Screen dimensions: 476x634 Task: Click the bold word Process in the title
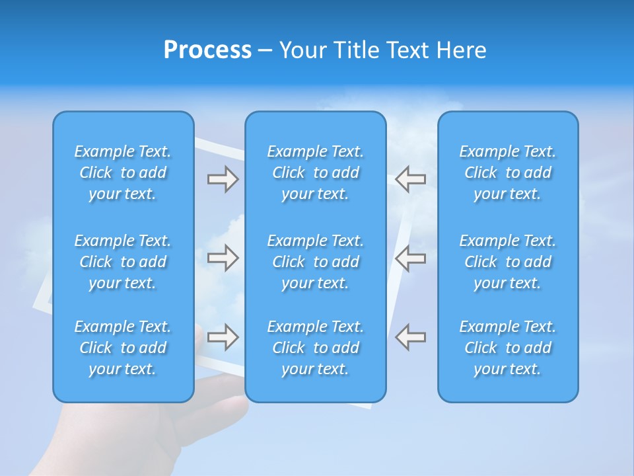click(x=207, y=50)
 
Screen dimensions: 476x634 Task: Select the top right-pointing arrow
click(x=223, y=179)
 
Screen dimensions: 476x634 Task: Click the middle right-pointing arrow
click(x=223, y=258)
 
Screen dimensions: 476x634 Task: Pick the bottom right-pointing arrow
click(x=223, y=337)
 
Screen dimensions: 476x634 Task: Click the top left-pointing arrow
click(x=410, y=179)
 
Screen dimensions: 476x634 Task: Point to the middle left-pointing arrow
click(x=410, y=258)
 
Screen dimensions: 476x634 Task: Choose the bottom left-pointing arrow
click(x=410, y=337)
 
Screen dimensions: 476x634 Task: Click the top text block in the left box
click(x=123, y=173)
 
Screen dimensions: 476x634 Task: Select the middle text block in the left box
click(x=123, y=262)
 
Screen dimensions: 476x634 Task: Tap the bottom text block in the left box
click(x=123, y=348)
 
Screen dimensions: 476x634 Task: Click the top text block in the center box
click(x=315, y=173)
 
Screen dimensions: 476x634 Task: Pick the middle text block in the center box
click(x=315, y=262)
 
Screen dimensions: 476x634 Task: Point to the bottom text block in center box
click(x=315, y=348)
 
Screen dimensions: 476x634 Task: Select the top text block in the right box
click(x=507, y=173)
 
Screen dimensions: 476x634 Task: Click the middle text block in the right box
click(x=507, y=262)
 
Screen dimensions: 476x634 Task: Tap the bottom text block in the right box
click(x=507, y=348)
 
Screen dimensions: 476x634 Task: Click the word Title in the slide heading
click(x=357, y=50)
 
